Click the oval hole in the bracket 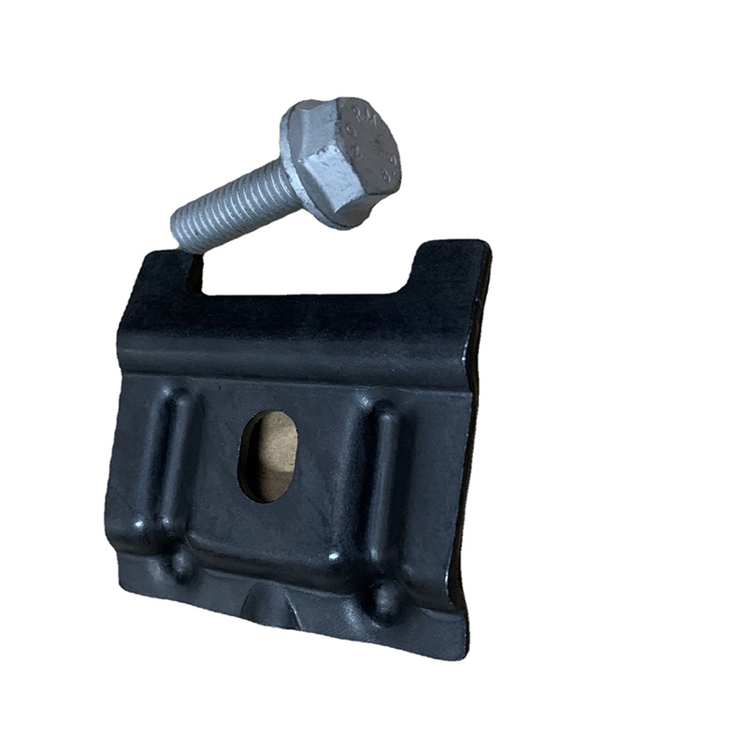(268, 454)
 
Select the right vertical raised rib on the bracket (384, 477)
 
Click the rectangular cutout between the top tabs (309, 271)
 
